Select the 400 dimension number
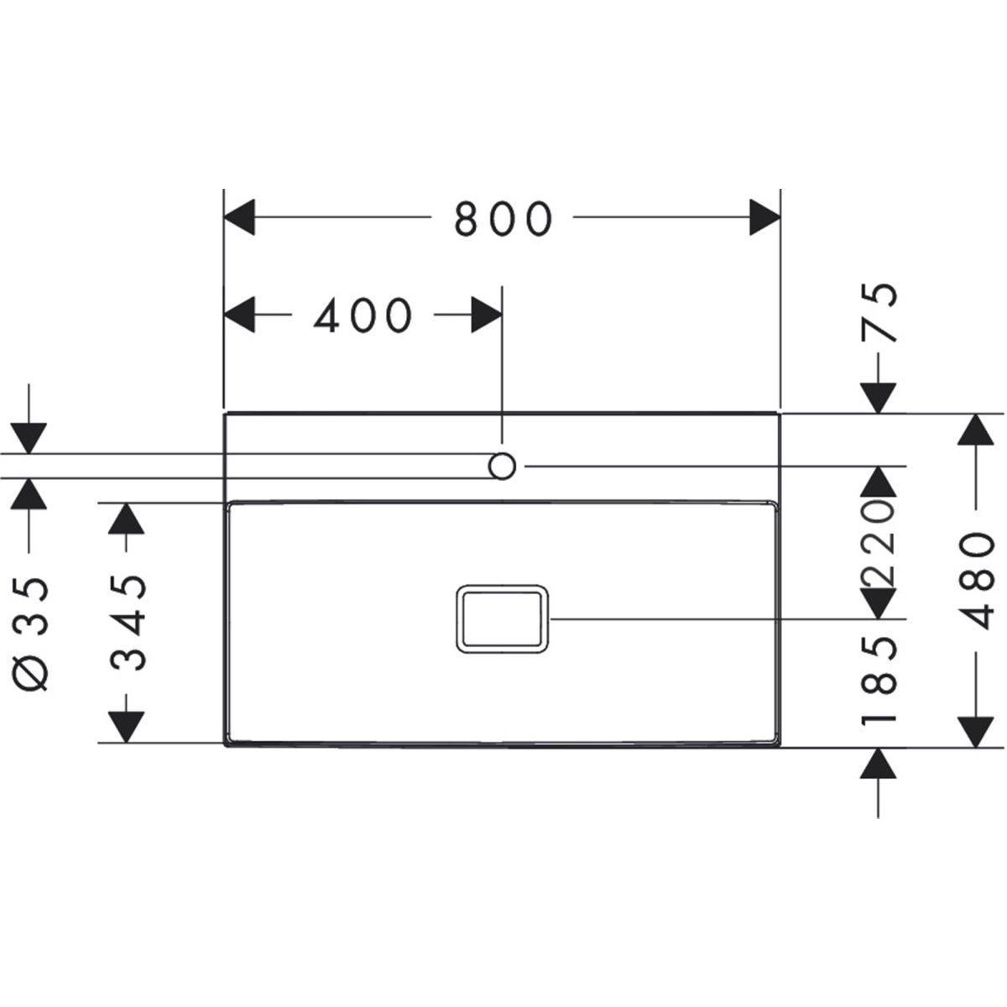click(x=363, y=316)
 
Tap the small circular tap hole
click(x=502, y=466)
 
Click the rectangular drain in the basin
click(x=502, y=618)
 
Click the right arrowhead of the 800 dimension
click(x=764, y=219)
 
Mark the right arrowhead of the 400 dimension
click(x=486, y=316)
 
